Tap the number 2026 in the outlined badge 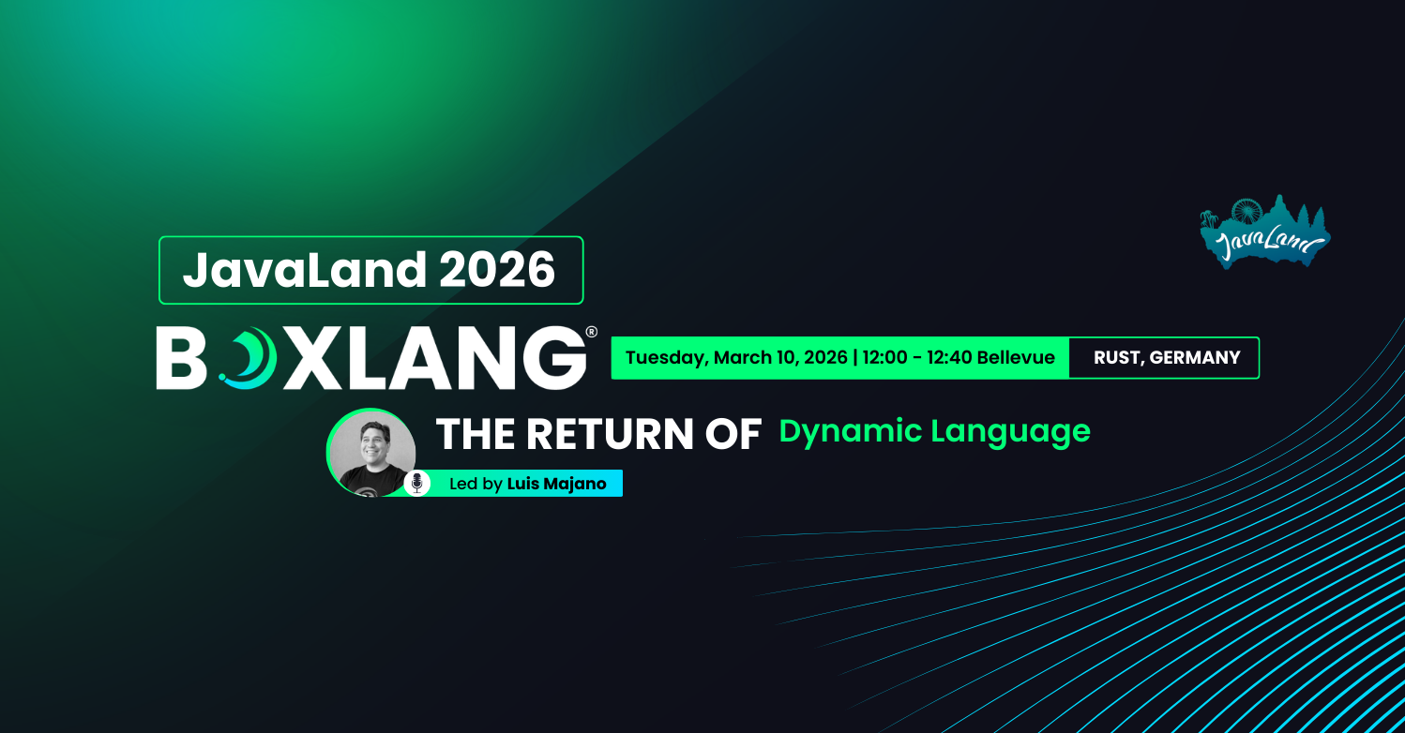[497, 270]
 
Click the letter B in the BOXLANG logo [181, 358]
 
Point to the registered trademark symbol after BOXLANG [591, 332]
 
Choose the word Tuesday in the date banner [665, 358]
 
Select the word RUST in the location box [1115, 358]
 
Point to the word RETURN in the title [617, 435]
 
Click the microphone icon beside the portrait [417, 484]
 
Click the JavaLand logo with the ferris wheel [1264, 234]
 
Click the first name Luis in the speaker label [522, 484]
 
